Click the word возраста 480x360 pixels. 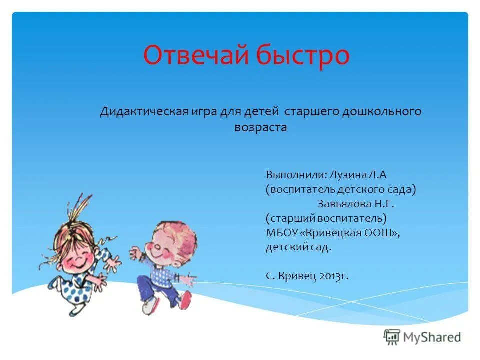click(261, 127)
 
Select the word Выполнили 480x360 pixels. click(296, 175)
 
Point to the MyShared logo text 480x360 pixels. click(433, 337)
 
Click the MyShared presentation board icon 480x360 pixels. click(392, 337)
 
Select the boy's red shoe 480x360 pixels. click(186, 300)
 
